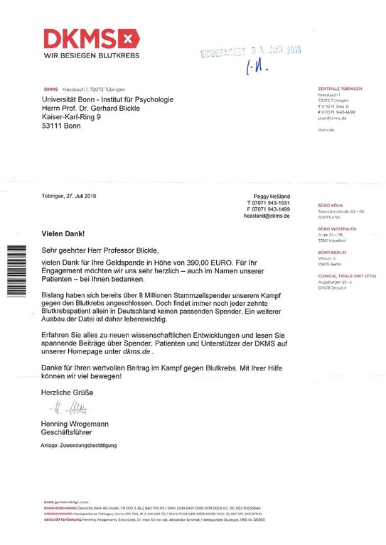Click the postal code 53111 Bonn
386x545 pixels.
click(x=61, y=126)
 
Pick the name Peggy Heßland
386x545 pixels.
click(x=272, y=197)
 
